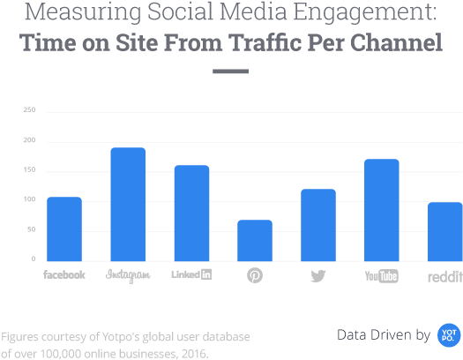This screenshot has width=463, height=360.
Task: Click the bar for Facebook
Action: click(x=64, y=229)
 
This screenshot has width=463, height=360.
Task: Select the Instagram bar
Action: click(x=128, y=204)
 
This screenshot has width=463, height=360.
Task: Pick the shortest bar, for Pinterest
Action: click(x=255, y=240)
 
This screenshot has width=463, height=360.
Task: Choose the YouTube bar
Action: click(x=382, y=210)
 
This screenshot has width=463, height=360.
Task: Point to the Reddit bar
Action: click(x=445, y=231)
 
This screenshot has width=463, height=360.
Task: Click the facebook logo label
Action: click(x=64, y=275)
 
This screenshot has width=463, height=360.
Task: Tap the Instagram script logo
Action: click(x=128, y=275)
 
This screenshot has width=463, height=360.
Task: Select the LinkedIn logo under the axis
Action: click(x=191, y=275)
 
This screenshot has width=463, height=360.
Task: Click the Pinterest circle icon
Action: click(x=255, y=276)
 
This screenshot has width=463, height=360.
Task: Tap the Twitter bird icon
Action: click(x=318, y=276)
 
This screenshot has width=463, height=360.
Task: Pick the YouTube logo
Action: click(x=382, y=276)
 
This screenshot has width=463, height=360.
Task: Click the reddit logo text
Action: click(x=444, y=276)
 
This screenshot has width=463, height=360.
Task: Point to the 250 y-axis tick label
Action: click(x=29, y=111)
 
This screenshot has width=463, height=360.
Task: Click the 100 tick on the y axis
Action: click(x=29, y=200)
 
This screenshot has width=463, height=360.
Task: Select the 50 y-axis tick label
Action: click(x=31, y=230)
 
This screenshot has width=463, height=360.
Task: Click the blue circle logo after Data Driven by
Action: click(x=450, y=334)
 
